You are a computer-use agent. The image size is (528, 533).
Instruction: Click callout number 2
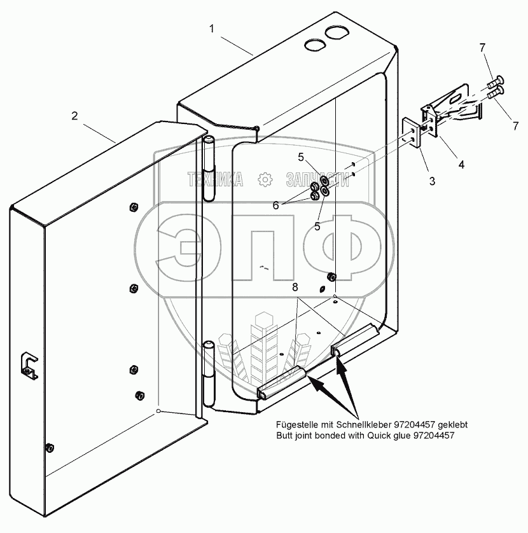click(74, 116)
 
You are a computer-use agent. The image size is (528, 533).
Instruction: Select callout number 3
click(432, 181)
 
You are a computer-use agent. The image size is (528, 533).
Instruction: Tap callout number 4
click(461, 164)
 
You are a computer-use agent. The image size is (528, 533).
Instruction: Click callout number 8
click(295, 287)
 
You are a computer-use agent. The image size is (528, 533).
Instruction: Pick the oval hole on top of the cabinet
click(314, 45)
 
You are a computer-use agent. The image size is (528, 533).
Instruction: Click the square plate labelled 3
click(412, 135)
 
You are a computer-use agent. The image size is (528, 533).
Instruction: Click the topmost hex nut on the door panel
click(134, 206)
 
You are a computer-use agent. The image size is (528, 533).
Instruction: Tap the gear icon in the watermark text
click(263, 180)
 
